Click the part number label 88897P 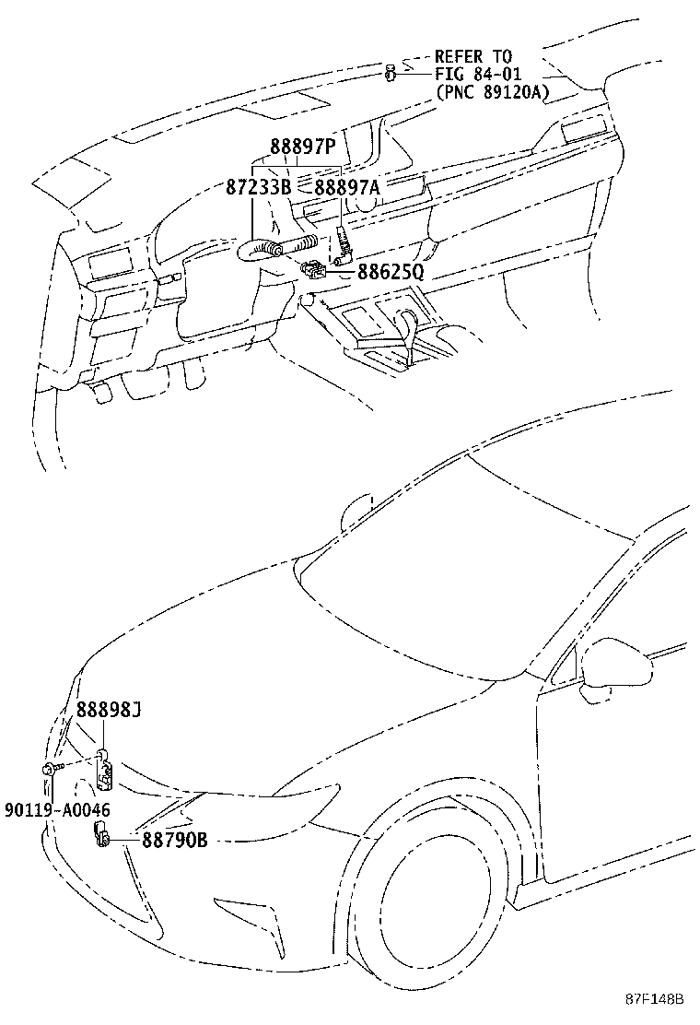302,148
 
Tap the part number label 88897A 347,187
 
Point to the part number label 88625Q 390,272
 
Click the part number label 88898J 108,709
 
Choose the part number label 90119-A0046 56,810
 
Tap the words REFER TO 473,57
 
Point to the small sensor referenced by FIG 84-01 391,71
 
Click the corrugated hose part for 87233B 281,246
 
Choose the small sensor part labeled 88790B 100,837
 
